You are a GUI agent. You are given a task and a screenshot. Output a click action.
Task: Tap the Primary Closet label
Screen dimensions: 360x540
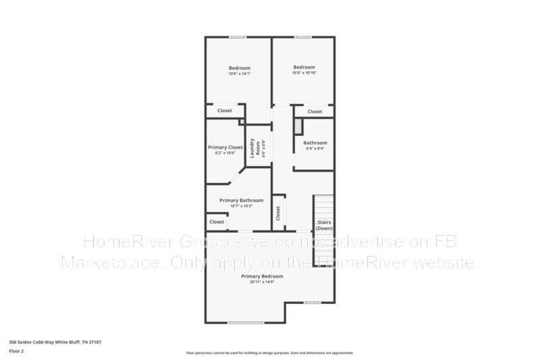225,147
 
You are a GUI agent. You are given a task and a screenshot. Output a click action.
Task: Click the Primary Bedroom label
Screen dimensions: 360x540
262,276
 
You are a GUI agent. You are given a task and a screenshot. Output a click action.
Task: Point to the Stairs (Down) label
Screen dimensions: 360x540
324,225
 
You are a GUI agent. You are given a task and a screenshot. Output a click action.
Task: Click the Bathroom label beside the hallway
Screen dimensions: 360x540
315,143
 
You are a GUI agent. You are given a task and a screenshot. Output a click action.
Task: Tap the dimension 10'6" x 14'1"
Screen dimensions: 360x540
240,74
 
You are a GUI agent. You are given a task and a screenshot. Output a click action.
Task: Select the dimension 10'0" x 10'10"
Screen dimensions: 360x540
304,73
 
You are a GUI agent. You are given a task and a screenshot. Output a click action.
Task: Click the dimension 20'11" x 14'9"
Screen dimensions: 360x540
262,282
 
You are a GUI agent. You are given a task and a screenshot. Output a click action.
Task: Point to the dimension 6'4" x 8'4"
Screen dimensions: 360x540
315,148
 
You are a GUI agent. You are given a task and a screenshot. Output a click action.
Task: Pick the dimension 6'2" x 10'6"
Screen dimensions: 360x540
225,153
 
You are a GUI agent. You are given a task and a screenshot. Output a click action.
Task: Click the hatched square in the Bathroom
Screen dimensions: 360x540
298,126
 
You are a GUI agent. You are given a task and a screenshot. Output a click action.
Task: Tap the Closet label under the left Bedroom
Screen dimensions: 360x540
224,111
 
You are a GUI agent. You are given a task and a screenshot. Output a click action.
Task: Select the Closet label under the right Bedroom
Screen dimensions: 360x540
315,111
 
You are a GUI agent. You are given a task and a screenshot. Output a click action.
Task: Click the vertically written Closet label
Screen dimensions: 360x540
278,213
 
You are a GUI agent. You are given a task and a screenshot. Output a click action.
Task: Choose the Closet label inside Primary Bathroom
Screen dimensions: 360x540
217,222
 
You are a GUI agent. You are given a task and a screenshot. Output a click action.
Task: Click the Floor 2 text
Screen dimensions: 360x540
16,351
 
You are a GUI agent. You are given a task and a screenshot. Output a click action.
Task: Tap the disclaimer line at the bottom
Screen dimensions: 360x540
269,353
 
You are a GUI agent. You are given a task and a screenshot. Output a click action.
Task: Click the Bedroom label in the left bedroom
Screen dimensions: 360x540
240,68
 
